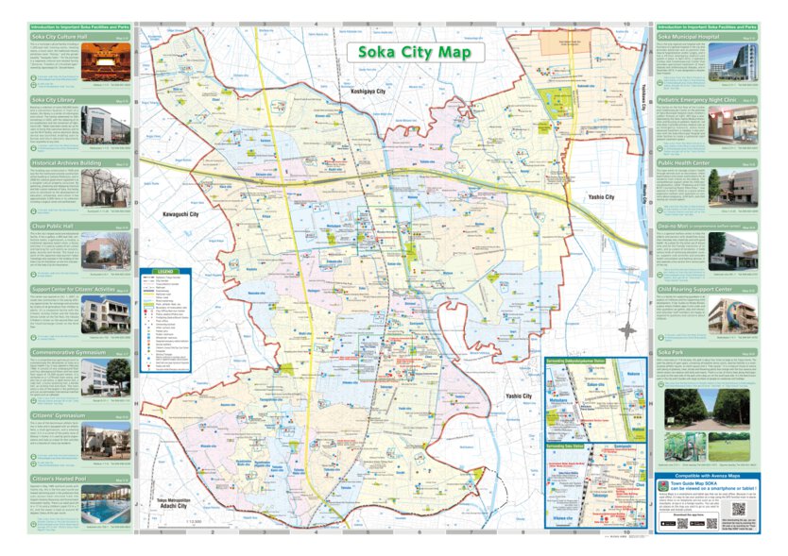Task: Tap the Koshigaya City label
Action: pos(368,92)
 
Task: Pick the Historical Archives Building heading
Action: pos(65,162)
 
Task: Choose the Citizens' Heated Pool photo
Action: pos(105,510)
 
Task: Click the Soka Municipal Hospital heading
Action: pos(695,37)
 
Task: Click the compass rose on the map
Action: pos(627,330)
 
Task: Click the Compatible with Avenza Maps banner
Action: pos(706,478)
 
